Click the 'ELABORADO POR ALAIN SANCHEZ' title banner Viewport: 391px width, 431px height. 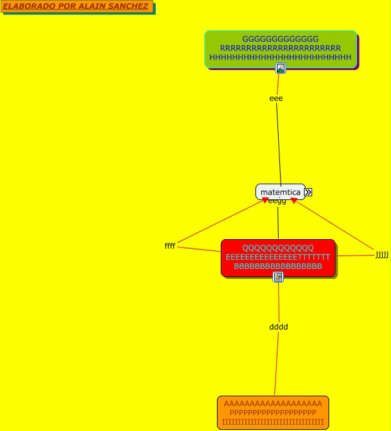coord(77,7)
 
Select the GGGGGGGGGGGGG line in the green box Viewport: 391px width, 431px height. coord(281,39)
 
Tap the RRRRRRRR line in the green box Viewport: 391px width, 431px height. coord(281,48)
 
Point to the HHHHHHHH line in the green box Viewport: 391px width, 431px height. coord(281,57)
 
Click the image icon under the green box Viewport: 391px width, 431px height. coord(281,68)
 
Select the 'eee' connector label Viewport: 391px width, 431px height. coord(276,98)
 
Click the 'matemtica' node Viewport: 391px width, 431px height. coord(280,192)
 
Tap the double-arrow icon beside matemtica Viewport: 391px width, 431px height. coord(308,192)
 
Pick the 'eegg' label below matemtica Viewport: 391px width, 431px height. coord(277,201)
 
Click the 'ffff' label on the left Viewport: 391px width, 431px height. coord(170,245)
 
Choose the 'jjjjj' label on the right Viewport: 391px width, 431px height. coord(382,255)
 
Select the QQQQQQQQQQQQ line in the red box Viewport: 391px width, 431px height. coord(278,248)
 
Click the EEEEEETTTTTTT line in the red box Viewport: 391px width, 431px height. coord(278,257)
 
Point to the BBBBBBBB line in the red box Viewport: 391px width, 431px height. coord(278,266)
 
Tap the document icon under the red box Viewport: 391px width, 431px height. coord(278,277)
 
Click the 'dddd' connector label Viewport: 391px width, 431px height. coord(278,327)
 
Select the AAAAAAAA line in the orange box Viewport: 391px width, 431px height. coord(273,404)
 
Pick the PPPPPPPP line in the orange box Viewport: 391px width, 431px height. coord(273,413)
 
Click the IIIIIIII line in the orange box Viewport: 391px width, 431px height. coord(273,422)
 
